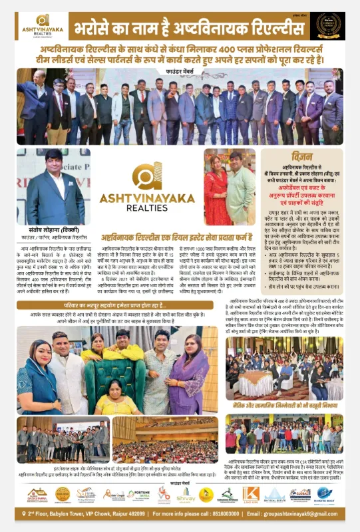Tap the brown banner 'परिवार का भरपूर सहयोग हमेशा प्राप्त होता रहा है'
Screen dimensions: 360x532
click(x=119, y=305)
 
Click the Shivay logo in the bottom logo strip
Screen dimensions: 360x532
click(x=186, y=494)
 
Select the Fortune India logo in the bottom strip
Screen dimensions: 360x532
click(x=138, y=494)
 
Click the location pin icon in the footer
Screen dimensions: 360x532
click(x=22, y=514)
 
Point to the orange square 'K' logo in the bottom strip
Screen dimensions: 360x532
click(x=250, y=493)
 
